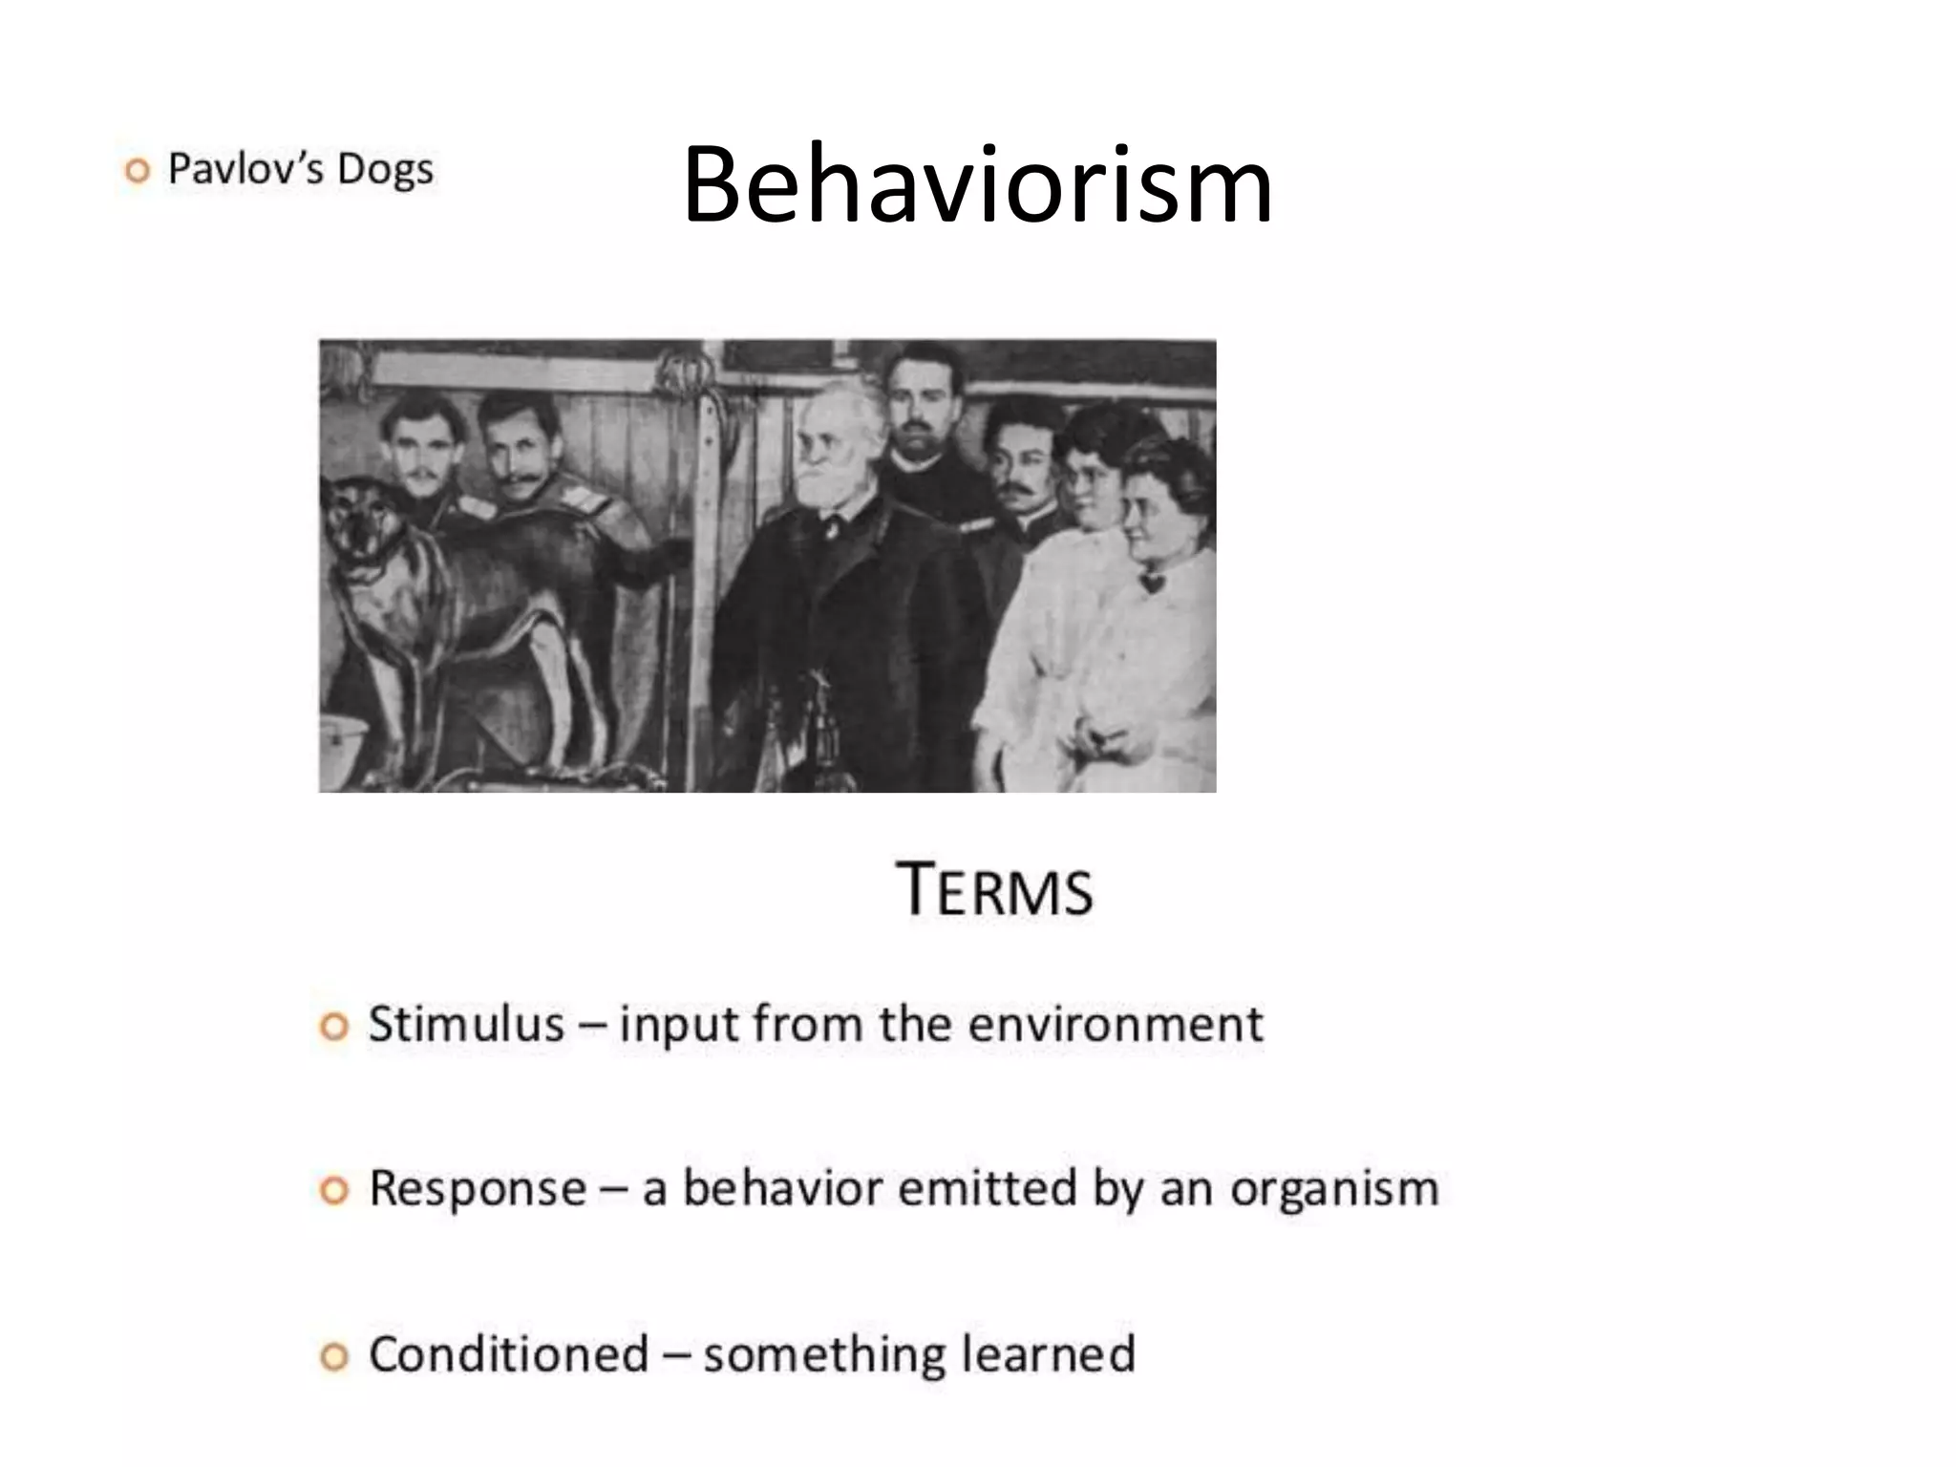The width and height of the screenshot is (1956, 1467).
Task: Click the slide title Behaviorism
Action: point(977,186)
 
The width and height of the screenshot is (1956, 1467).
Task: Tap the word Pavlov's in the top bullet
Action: point(246,169)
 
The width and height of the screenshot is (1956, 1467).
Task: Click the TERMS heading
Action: point(995,890)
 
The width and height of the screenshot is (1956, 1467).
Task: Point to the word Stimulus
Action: point(466,1025)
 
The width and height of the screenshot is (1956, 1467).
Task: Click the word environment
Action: point(1116,1025)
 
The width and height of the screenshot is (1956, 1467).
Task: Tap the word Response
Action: point(478,1189)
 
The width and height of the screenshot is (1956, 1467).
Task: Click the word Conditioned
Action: point(508,1354)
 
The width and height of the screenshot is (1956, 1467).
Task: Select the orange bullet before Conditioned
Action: point(333,1357)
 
